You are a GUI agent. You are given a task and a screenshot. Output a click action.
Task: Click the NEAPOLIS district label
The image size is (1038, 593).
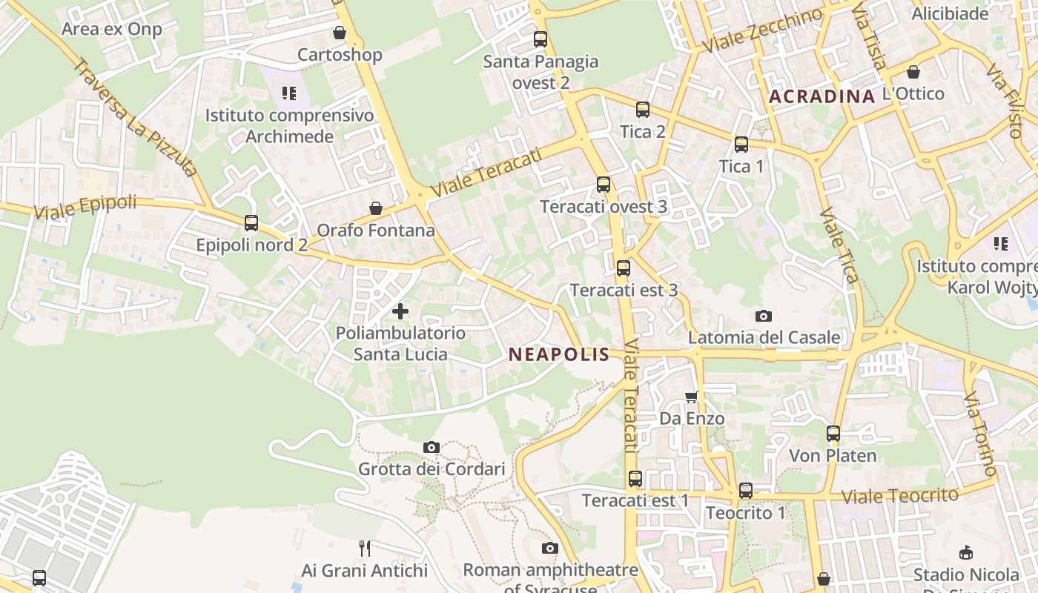(x=559, y=355)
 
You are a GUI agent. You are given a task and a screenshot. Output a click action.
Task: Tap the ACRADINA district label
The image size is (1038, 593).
(x=822, y=96)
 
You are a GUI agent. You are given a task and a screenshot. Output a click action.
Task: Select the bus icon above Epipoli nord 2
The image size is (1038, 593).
(x=251, y=222)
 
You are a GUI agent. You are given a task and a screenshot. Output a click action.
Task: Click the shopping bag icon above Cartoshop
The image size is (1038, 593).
(x=340, y=33)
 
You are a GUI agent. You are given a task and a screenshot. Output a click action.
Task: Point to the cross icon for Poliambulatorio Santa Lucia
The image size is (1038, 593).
(x=400, y=311)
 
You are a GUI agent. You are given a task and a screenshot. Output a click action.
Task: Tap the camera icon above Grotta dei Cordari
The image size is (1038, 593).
(x=432, y=447)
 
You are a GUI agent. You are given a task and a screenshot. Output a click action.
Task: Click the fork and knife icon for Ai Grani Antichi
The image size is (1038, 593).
(x=365, y=549)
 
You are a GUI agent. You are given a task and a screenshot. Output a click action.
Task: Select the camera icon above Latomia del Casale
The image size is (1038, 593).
(x=764, y=317)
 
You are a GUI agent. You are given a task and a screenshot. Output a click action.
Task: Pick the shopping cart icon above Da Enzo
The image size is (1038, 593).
(x=692, y=397)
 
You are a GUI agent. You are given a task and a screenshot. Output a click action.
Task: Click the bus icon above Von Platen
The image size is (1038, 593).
(x=833, y=434)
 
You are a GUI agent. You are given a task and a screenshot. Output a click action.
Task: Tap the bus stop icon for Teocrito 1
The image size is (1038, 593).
(x=746, y=491)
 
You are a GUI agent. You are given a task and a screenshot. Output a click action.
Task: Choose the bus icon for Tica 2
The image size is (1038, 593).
(x=643, y=110)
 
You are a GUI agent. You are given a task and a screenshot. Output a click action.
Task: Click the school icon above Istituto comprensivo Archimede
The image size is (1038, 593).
(x=289, y=93)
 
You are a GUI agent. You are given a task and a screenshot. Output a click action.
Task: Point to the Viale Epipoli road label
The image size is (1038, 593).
(x=86, y=207)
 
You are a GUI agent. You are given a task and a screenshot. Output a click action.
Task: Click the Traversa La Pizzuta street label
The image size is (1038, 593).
(x=135, y=119)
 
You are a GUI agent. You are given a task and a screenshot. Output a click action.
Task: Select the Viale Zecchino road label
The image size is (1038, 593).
(x=763, y=30)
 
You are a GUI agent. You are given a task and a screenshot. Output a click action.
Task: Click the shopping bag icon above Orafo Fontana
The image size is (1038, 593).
(x=376, y=208)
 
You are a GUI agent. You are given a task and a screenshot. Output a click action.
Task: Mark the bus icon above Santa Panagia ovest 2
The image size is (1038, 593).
(x=541, y=39)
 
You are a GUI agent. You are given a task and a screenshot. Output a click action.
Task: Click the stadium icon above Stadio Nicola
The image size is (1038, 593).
(x=966, y=552)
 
